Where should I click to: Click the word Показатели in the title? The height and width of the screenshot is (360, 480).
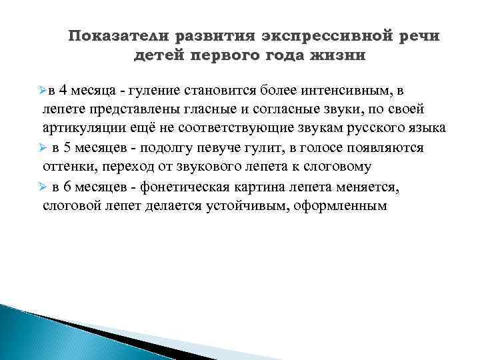click(x=116, y=35)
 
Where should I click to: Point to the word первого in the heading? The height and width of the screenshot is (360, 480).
click(x=229, y=55)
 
